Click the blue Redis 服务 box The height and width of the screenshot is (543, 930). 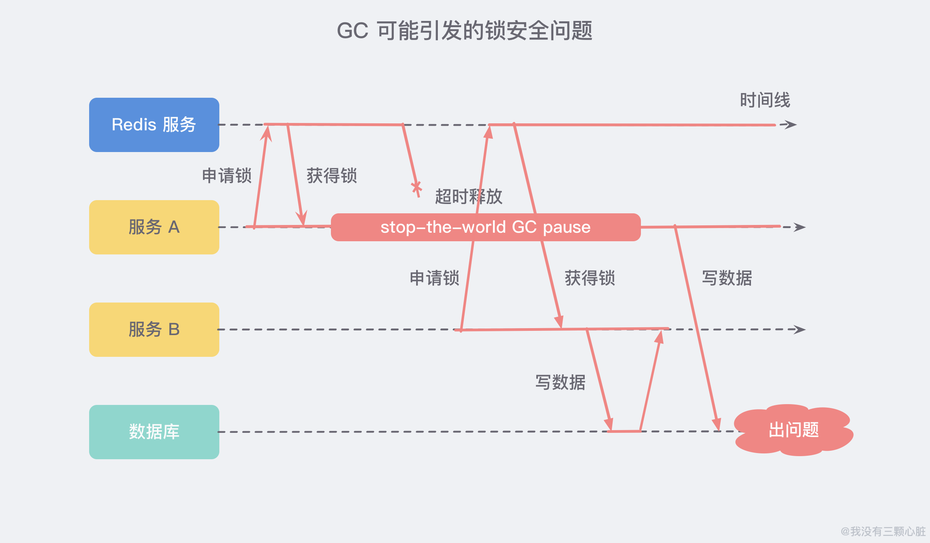[x=154, y=125]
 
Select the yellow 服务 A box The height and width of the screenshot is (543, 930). [x=154, y=227]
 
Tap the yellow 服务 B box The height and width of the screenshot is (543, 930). [x=154, y=330]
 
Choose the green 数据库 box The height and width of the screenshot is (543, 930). [x=154, y=432]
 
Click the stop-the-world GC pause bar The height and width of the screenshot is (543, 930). [x=486, y=227]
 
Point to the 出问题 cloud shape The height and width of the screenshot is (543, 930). [x=794, y=430]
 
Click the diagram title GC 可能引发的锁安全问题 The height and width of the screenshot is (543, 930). [x=465, y=31]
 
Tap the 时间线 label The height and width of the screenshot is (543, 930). [x=765, y=100]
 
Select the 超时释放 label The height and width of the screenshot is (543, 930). [x=469, y=197]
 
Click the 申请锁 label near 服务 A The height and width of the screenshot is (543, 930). [x=227, y=176]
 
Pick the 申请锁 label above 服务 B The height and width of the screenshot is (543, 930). [x=435, y=278]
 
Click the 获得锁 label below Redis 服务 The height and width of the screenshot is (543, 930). [x=332, y=176]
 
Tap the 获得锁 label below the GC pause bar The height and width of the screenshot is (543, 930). [x=590, y=278]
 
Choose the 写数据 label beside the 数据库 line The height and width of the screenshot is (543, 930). [x=560, y=382]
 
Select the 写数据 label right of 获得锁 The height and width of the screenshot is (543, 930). [x=727, y=278]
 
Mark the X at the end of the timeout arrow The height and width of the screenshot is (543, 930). [x=417, y=188]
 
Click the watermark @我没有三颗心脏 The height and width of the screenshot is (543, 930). [x=883, y=531]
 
